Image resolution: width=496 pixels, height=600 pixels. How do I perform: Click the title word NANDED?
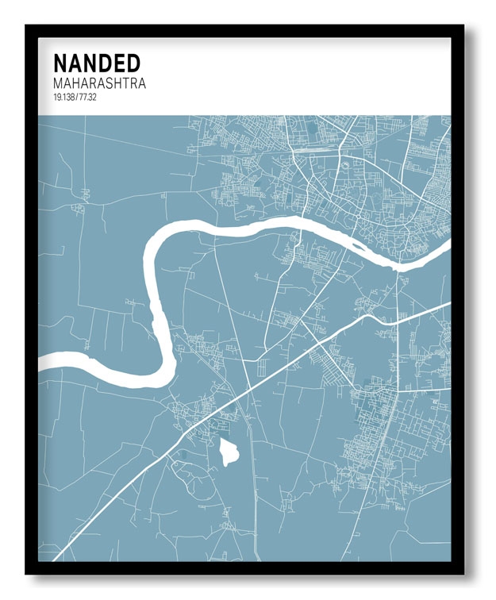point(97,63)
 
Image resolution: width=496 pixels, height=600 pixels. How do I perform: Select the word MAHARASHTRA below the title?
point(99,83)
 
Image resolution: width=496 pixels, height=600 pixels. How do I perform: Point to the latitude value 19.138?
point(66,97)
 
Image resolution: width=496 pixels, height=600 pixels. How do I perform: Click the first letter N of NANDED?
point(60,63)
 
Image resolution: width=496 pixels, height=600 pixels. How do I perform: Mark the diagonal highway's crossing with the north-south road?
point(249,389)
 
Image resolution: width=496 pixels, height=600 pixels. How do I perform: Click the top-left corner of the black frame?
point(27,26)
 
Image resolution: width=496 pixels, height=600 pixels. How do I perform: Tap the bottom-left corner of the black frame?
point(27,573)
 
